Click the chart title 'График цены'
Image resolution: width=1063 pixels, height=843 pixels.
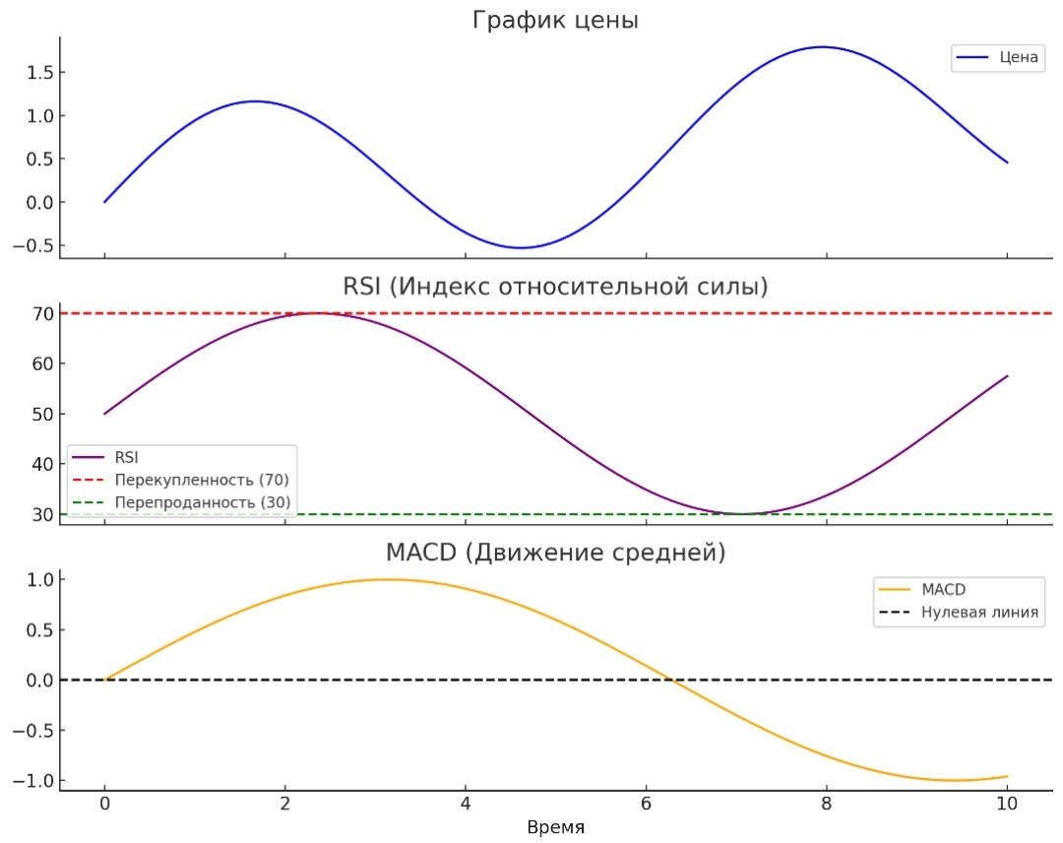pyautogui.click(x=555, y=20)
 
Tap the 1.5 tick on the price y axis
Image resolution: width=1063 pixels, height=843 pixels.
pyautogui.click(x=36, y=73)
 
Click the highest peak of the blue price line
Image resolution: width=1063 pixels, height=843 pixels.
pyautogui.click(x=821, y=46)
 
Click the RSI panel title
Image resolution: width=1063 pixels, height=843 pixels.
pyautogui.click(x=555, y=287)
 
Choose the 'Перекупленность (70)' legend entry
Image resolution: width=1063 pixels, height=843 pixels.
pyautogui.click(x=202, y=480)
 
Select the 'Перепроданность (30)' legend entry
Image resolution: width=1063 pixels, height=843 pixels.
pyautogui.click(x=202, y=502)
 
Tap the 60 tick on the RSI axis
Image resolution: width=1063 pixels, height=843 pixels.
pyautogui.click(x=41, y=363)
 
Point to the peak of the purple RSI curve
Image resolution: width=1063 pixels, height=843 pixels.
pyautogui.click(x=317, y=313)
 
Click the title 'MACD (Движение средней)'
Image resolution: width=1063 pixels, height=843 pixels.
pyautogui.click(x=555, y=552)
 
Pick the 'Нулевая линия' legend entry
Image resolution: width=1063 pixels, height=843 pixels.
pyautogui.click(x=979, y=612)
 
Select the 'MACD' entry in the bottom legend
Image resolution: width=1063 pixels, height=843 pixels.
pyautogui.click(x=943, y=589)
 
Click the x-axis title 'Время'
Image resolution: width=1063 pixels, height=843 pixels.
pyautogui.click(x=555, y=827)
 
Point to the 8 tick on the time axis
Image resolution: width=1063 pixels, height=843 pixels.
pyautogui.click(x=826, y=803)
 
